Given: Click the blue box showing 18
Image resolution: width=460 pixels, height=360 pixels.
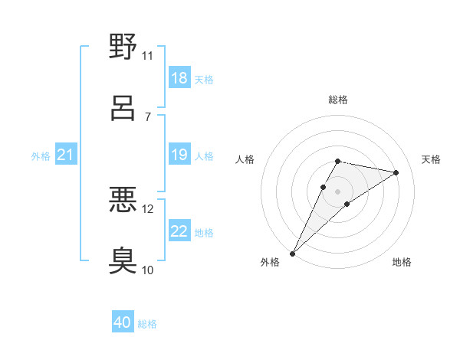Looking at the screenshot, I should click(x=179, y=78).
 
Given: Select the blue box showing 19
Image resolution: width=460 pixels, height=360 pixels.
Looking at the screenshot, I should click(x=179, y=155).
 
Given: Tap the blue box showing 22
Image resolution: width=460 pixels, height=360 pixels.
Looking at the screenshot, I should click(x=179, y=231).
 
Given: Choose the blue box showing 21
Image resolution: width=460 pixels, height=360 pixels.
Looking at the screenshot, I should click(x=66, y=155).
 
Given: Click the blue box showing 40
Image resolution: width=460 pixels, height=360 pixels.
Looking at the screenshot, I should click(x=123, y=322).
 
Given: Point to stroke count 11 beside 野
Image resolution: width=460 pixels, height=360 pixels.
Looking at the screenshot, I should click(x=147, y=56).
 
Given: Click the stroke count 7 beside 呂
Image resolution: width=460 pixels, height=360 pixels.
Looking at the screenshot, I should click(x=147, y=116).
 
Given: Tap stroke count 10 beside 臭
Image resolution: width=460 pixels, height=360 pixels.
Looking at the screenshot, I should click(x=147, y=270).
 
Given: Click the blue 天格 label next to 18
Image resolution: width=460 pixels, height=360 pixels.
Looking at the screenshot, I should click(x=204, y=79).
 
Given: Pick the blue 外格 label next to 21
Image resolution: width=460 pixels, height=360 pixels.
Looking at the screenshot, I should click(x=41, y=156).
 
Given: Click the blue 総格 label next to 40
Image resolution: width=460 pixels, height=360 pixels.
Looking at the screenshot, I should click(x=147, y=324).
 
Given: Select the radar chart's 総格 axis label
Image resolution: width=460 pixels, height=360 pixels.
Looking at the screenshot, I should click(x=338, y=100).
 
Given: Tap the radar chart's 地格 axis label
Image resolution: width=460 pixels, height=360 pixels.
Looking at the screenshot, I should click(x=402, y=262).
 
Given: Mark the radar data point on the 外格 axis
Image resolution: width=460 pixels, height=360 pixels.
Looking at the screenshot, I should click(x=293, y=253).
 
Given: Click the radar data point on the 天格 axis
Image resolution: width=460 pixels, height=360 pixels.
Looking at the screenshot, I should click(x=396, y=172).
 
